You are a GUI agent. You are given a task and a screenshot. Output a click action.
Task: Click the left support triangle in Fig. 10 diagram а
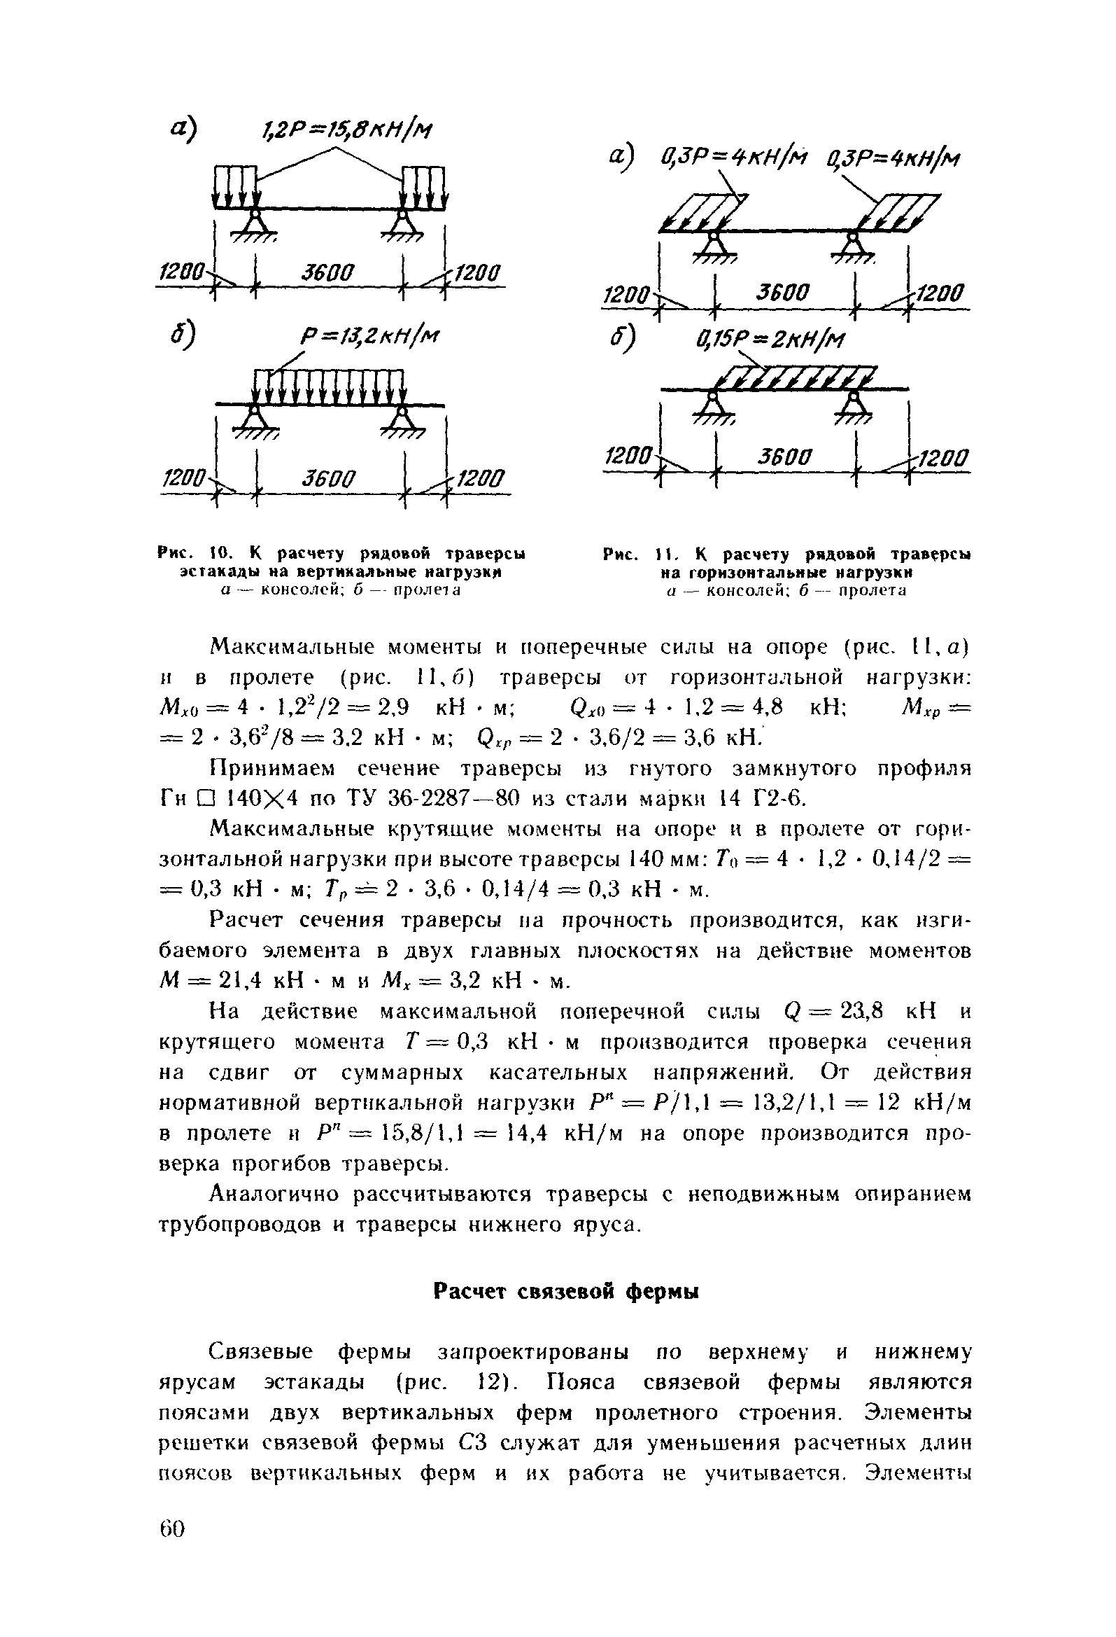pyautogui.click(x=253, y=223)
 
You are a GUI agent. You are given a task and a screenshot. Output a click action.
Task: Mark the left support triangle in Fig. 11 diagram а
pyautogui.click(x=714, y=244)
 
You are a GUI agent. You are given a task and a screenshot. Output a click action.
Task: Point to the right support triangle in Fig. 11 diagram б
pyautogui.click(x=854, y=403)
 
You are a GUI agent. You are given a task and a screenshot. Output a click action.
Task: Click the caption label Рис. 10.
pyautogui.click(x=191, y=554)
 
